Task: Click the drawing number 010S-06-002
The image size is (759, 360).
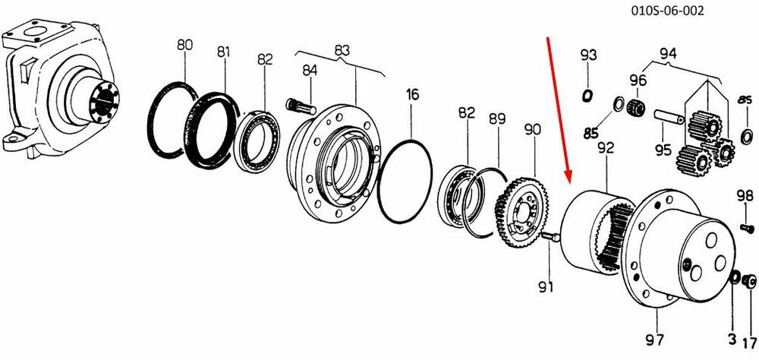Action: click(667, 11)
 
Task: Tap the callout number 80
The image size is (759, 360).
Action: click(185, 45)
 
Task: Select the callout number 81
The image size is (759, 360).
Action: click(223, 52)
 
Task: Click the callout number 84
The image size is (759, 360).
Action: click(310, 71)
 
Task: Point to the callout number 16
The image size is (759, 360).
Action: click(412, 94)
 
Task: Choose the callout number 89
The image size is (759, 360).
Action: click(497, 118)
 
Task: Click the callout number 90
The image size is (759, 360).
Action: click(533, 130)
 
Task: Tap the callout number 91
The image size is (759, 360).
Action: click(546, 287)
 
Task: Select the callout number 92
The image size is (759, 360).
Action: click(606, 147)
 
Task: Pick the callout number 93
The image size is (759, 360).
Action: click(589, 55)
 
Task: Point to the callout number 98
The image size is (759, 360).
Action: click(745, 196)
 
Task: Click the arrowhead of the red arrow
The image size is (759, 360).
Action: click(568, 177)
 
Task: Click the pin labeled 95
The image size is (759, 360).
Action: click(669, 116)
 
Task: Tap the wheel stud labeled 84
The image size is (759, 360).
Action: click(301, 106)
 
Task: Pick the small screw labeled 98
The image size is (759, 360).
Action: click(747, 227)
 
